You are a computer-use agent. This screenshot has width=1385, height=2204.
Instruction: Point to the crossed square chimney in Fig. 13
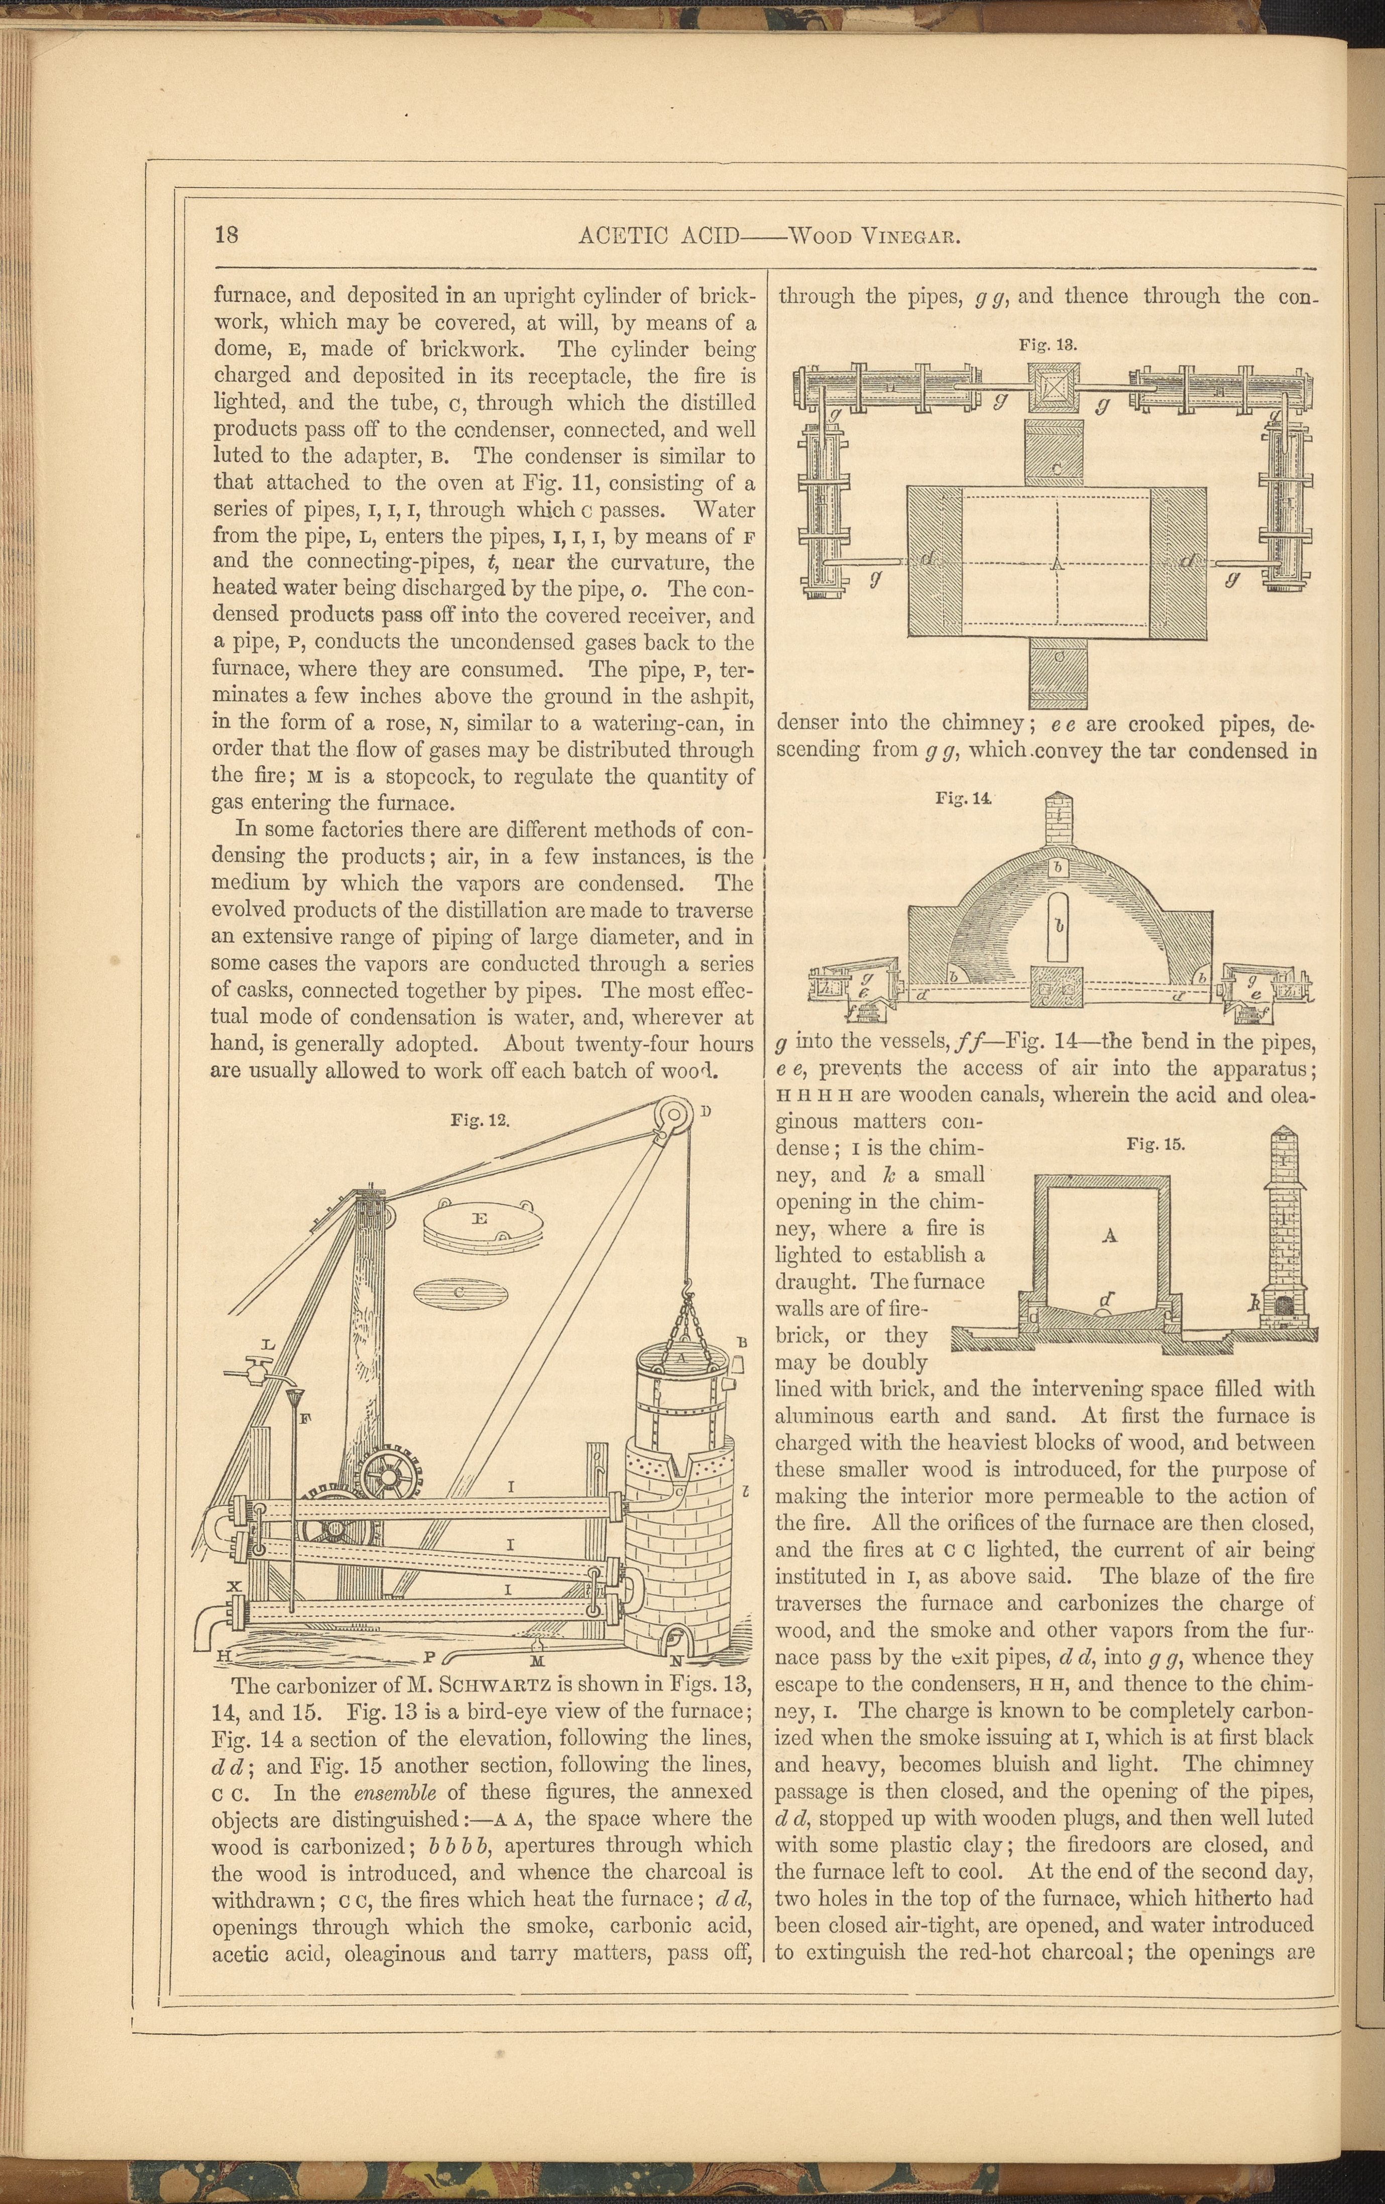tap(1055, 387)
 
